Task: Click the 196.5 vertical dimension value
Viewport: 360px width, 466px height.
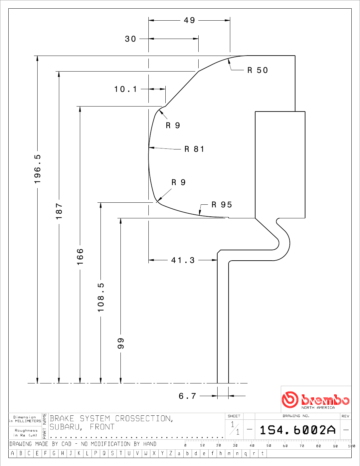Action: tap(37, 169)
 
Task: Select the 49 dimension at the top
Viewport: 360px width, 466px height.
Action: tap(189, 20)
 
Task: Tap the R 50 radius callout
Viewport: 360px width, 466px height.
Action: tap(258, 70)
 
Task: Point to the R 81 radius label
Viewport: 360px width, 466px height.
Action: tap(194, 149)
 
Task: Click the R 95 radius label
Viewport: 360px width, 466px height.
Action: tap(222, 205)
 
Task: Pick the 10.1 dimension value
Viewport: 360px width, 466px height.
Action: tap(125, 89)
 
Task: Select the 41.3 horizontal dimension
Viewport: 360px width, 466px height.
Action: tap(183, 260)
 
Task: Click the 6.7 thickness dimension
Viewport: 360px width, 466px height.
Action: tap(187, 396)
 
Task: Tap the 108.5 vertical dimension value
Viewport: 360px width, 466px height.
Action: tap(101, 298)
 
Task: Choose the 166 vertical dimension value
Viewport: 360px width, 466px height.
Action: tap(80, 257)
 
